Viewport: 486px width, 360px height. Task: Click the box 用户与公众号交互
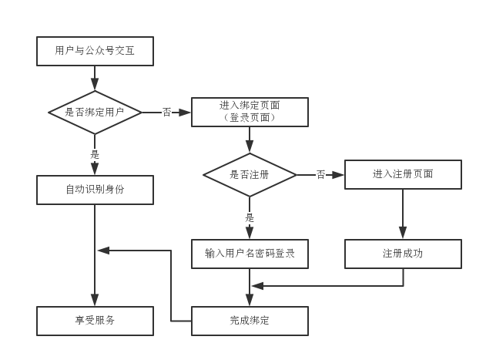[95, 51]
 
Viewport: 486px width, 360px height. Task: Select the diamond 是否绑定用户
[95, 113]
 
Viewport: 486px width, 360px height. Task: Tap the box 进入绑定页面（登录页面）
[249, 112]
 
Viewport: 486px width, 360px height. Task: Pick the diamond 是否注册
[249, 175]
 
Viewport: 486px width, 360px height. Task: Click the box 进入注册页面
[403, 174]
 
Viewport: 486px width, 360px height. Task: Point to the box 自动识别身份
[95, 190]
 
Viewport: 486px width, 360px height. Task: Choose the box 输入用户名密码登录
[249, 254]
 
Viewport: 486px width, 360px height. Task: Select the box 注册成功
[403, 254]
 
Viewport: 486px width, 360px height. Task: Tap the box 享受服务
[95, 321]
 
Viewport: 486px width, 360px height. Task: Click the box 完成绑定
[249, 321]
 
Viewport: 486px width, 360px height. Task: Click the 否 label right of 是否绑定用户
[167, 113]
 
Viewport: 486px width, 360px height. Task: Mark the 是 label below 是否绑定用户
[95, 154]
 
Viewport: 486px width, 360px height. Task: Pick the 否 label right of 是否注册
[320, 175]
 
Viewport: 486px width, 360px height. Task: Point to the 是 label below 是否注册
[249, 217]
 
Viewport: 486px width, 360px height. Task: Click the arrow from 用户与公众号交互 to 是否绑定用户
[95, 78]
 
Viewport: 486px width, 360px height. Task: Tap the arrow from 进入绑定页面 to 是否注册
[249, 140]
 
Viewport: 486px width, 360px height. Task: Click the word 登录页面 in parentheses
[249, 118]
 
